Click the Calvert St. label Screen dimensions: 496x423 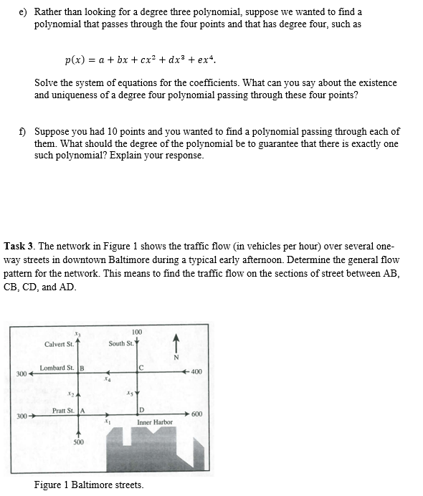coord(59,344)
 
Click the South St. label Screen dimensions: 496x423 coord(120,344)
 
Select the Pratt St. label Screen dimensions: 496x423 coord(64,410)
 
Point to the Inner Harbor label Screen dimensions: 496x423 coord(155,422)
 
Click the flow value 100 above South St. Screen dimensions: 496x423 coord(137,331)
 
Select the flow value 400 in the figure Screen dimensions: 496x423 coord(196,372)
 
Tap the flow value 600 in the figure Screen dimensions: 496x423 coord(197,414)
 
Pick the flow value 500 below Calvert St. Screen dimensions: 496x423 coord(78,442)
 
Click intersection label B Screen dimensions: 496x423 coord(82,368)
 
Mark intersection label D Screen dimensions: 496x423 coord(141,411)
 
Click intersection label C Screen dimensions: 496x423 coord(141,368)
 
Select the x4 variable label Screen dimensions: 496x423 coord(108,380)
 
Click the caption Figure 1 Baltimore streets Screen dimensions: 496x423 coord(88,485)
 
